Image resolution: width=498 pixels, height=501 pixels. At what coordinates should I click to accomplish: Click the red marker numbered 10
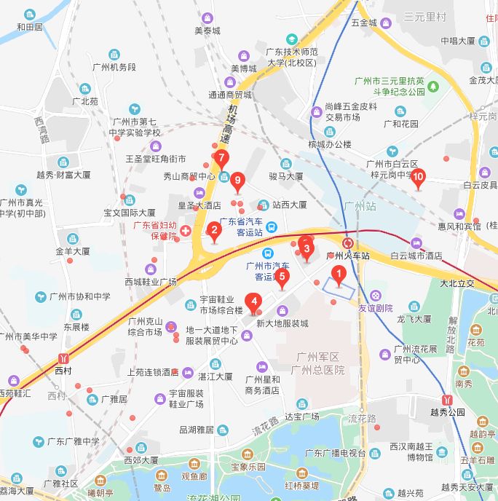tap(418, 177)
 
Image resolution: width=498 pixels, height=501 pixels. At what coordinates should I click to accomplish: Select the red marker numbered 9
tap(237, 181)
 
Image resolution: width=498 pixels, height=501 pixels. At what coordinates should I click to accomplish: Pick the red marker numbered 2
tap(213, 232)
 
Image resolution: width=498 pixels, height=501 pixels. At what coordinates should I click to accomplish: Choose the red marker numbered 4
tap(253, 300)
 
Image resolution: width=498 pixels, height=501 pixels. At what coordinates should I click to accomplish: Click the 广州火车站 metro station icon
tap(348, 242)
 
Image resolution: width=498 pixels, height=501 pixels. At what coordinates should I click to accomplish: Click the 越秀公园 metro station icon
tap(447, 399)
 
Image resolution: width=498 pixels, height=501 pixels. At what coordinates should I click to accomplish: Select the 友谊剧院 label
tap(375, 308)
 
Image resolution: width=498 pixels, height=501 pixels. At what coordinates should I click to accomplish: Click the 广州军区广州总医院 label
tap(317, 363)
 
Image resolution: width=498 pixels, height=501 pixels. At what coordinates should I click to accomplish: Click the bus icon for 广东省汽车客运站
tap(270, 227)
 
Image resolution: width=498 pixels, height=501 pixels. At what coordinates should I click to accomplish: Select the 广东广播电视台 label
tap(335, 454)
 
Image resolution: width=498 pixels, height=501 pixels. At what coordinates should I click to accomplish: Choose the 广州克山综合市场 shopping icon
tap(170, 326)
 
